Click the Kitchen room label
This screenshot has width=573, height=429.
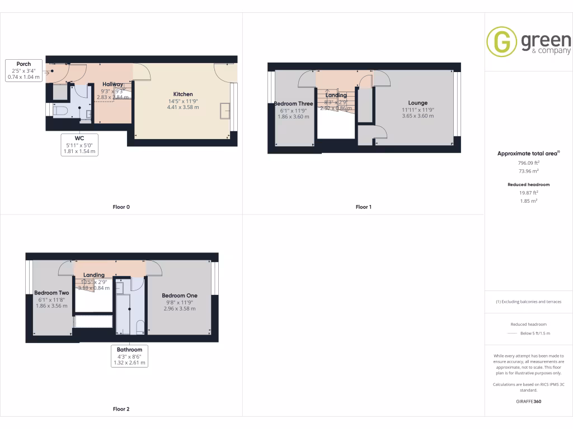click(x=183, y=94)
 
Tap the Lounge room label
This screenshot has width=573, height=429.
click(x=417, y=103)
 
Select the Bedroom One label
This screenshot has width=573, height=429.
click(x=180, y=295)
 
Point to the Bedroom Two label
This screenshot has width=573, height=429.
click(x=51, y=293)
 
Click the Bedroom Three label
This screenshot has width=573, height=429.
click(x=293, y=104)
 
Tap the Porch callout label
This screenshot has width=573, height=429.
click(x=24, y=64)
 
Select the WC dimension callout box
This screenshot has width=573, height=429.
click(x=79, y=144)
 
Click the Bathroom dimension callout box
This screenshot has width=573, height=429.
click(x=129, y=356)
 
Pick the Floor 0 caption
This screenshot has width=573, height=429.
click(x=121, y=207)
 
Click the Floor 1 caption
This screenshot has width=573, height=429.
click(x=363, y=207)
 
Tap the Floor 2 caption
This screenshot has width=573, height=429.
click(x=121, y=409)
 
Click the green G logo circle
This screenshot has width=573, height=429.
click(x=501, y=42)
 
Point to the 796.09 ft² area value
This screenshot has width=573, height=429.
click(x=528, y=163)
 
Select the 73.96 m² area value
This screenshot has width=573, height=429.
click(x=528, y=171)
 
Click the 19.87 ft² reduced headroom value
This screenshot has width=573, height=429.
click(x=528, y=193)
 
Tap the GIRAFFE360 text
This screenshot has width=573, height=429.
click(x=528, y=401)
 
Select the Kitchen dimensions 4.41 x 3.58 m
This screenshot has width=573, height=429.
click(x=183, y=107)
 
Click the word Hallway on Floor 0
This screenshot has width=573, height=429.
click(x=112, y=84)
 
